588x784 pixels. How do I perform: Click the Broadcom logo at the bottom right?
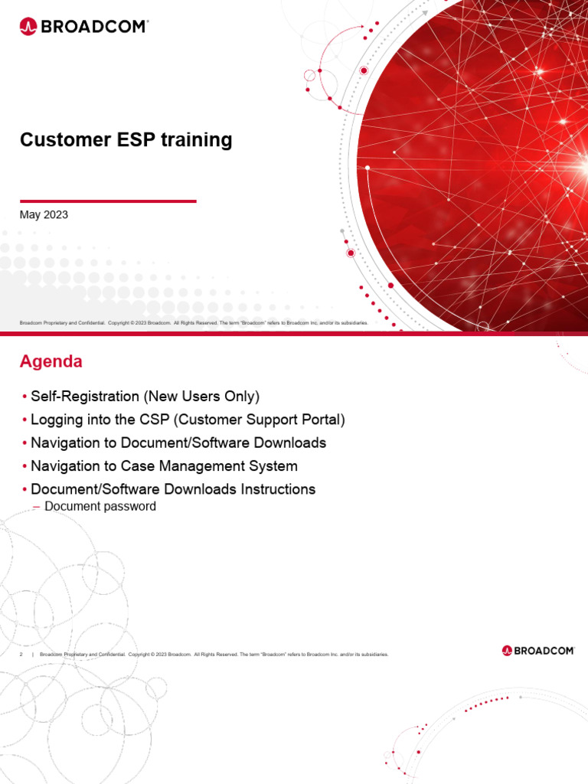(x=538, y=650)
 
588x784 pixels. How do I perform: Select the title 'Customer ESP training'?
(x=126, y=140)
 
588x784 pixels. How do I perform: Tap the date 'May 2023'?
(x=44, y=215)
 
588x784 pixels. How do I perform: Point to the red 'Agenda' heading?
(x=51, y=361)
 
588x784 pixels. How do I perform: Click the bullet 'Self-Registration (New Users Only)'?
(x=145, y=397)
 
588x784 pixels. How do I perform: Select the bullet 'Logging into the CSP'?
(x=188, y=420)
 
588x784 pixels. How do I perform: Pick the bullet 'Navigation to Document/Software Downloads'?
(x=178, y=443)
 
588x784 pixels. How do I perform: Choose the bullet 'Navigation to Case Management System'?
(x=164, y=465)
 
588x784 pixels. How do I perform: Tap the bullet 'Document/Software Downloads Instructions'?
(x=173, y=488)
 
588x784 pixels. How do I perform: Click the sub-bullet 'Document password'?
(x=100, y=506)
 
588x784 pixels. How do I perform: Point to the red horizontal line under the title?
(x=107, y=201)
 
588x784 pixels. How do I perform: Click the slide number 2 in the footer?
(x=21, y=655)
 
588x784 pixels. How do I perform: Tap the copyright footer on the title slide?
(x=194, y=323)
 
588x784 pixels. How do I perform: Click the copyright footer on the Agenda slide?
(x=214, y=655)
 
